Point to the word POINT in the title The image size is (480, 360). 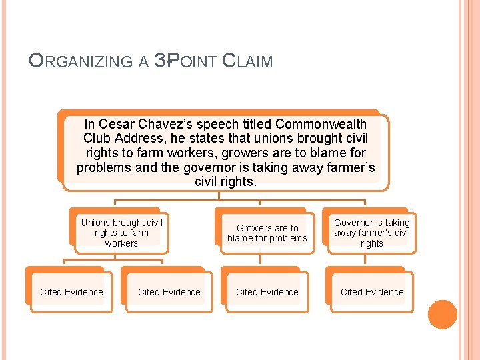(193, 62)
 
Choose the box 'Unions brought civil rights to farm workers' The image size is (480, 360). (121, 233)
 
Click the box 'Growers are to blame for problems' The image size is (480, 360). (267, 233)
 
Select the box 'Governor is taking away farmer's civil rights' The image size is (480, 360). (372, 233)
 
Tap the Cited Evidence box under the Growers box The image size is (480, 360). (267, 292)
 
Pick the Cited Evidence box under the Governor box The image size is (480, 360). (372, 292)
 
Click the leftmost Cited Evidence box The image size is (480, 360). (71, 292)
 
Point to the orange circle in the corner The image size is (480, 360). (442, 314)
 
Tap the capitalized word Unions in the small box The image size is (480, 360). (95, 223)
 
